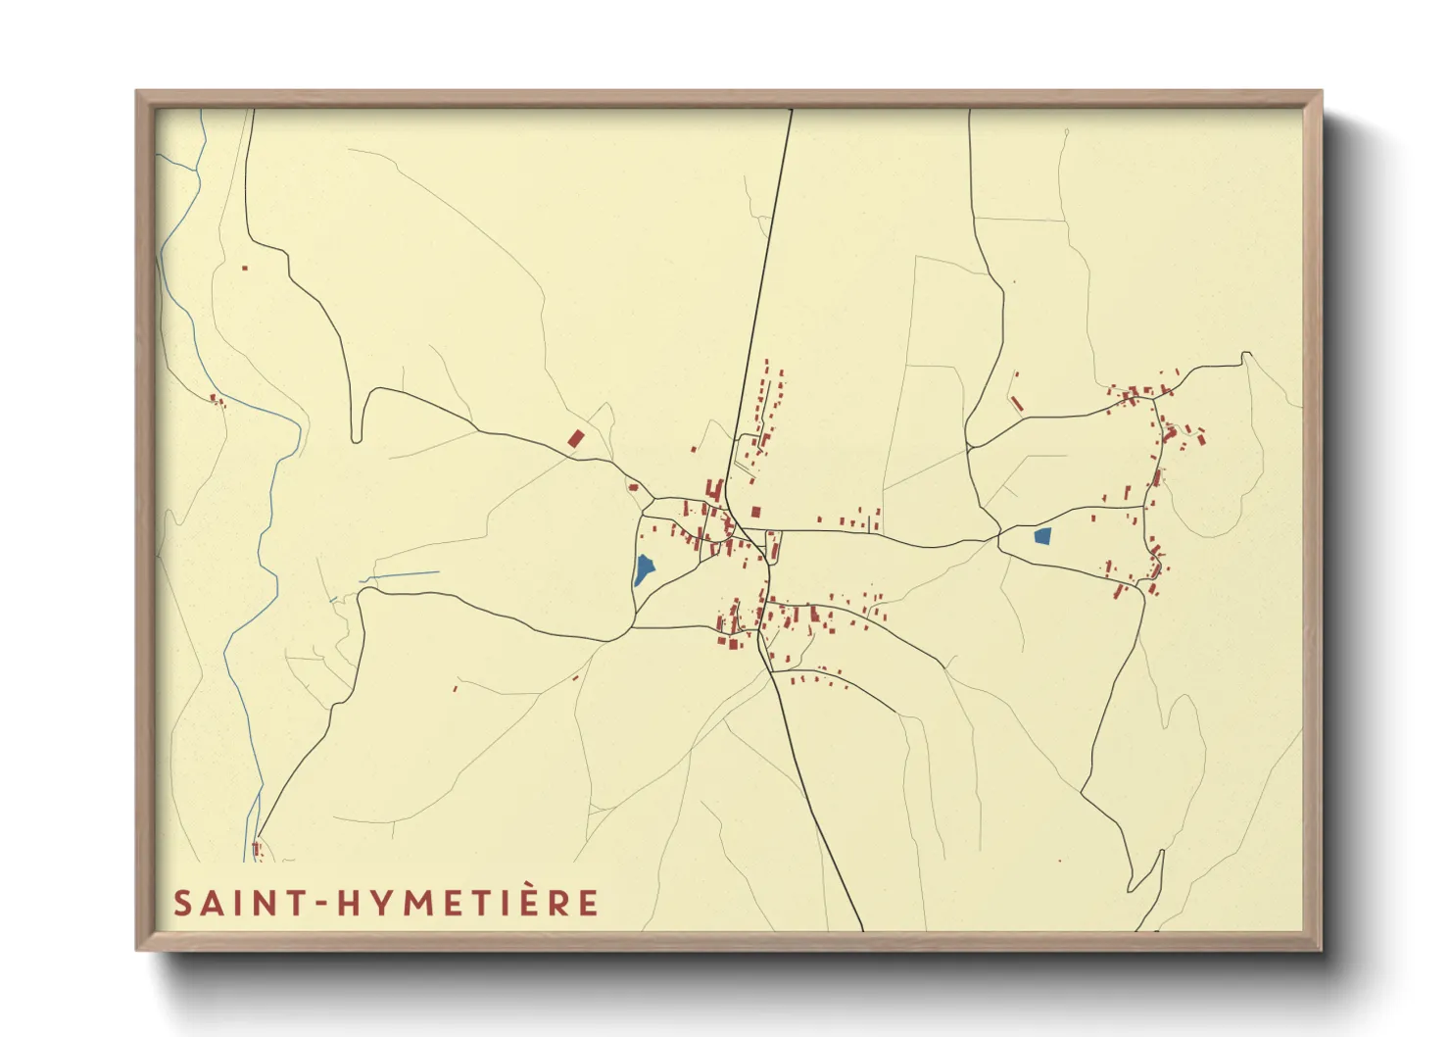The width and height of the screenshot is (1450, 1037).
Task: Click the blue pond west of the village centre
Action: pyautogui.click(x=644, y=568)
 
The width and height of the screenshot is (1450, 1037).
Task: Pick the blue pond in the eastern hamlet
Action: pyautogui.click(x=1042, y=536)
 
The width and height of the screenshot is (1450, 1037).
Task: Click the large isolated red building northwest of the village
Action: pyautogui.click(x=576, y=438)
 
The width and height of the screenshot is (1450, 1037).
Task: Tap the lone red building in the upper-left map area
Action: pyautogui.click(x=245, y=268)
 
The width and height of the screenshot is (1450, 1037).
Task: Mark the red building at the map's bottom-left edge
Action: pyautogui.click(x=257, y=849)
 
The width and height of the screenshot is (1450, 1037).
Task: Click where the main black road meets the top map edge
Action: pyautogui.click(x=791, y=110)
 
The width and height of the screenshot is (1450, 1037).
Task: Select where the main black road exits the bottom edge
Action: pyautogui.click(x=862, y=929)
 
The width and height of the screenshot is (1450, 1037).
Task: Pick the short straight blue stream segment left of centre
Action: pyautogui.click(x=402, y=575)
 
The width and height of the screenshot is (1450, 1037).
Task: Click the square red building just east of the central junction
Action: pyautogui.click(x=755, y=511)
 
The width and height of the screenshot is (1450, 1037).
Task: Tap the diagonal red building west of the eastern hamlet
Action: pyautogui.click(x=1017, y=403)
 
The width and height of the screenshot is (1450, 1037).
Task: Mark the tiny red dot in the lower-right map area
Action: pyautogui.click(x=1059, y=861)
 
